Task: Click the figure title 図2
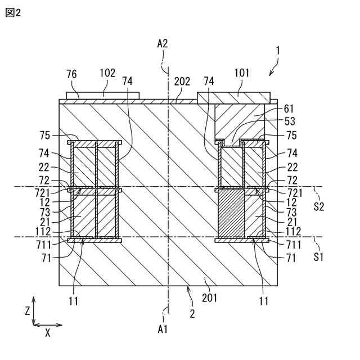[x=12, y=12]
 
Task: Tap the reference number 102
[x=107, y=73]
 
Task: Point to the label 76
[x=72, y=74]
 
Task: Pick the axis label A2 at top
[x=163, y=43]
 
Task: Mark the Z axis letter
[x=26, y=310]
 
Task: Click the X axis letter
[x=47, y=333]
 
